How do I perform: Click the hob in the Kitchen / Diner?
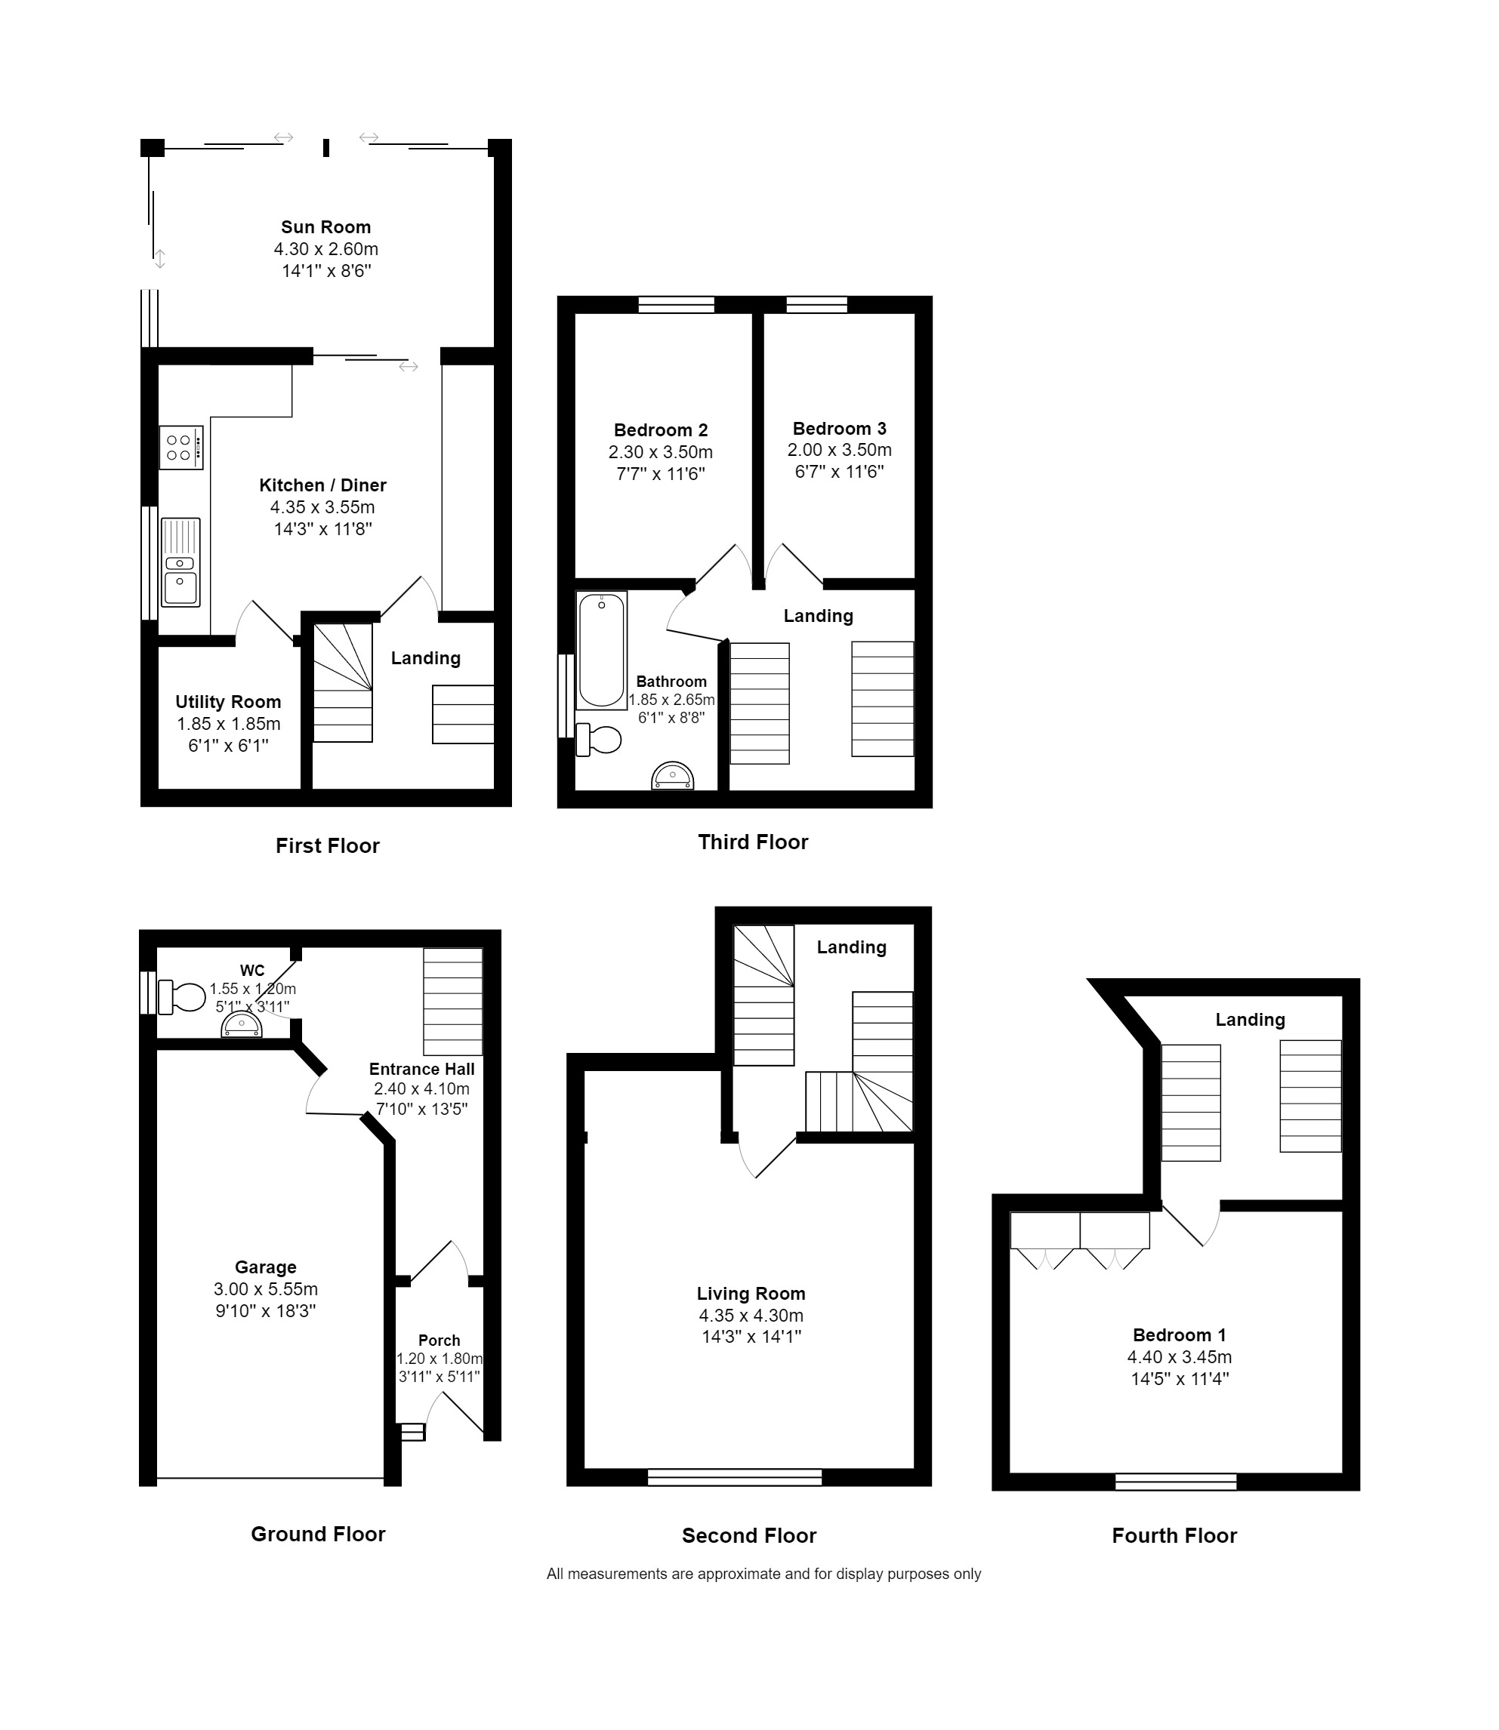(x=181, y=448)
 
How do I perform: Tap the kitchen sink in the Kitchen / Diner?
(x=180, y=562)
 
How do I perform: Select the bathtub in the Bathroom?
(x=601, y=650)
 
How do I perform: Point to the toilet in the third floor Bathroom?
(x=599, y=739)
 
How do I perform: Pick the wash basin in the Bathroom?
(x=673, y=775)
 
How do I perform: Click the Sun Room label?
(x=326, y=227)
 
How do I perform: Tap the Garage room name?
(x=266, y=1267)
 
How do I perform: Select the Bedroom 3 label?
(x=840, y=429)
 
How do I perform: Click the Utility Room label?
(x=228, y=703)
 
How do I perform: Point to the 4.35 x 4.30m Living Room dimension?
(x=751, y=1316)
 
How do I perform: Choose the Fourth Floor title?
(x=1174, y=1535)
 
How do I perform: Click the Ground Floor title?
(x=318, y=1534)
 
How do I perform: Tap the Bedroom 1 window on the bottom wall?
(x=1176, y=1482)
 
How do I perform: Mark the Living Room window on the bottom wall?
(x=736, y=1477)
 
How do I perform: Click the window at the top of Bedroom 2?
(x=677, y=304)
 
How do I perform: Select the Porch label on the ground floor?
(x=440, y=1341)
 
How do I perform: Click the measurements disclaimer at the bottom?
(x=763, y=1574)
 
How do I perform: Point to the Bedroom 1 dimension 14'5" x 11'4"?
(x=1180, y=1379)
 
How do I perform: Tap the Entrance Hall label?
(x=421, y=1069)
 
